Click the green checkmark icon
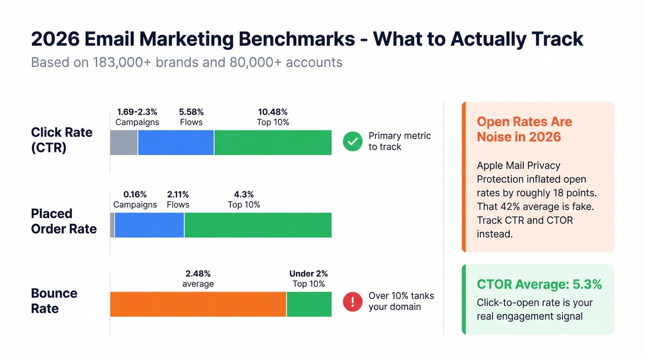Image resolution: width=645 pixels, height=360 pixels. (352, 142)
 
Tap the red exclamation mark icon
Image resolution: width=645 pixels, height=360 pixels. (352, 302)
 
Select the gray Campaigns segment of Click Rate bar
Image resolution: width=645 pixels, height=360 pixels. (124, 142)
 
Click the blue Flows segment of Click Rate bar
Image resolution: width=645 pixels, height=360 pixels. (176, 142)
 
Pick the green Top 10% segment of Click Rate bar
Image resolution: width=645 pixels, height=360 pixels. (273, 142)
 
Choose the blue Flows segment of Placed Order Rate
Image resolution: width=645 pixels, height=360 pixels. (149, 225)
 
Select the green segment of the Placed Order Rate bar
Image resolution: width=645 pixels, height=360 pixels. (258, 225)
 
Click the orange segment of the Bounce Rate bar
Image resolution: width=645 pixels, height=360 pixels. (198, 304)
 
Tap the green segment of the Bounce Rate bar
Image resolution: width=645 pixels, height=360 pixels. (309, 304)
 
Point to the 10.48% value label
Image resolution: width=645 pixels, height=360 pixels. (273, 112)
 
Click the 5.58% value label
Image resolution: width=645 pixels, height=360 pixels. (191, 112)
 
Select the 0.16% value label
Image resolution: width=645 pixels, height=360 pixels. (135, 195)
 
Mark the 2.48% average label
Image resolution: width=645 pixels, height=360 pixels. (198, 274)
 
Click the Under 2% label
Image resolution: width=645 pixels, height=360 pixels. (309, 274)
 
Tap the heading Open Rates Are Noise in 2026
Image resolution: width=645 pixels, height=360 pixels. (524, 129)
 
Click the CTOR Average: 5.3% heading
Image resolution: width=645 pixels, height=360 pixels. (539, 285)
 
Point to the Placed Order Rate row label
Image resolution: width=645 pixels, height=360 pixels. (64, 221)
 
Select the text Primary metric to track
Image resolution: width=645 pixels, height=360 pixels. (399, 142)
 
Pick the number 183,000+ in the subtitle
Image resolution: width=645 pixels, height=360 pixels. (121, 62)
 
